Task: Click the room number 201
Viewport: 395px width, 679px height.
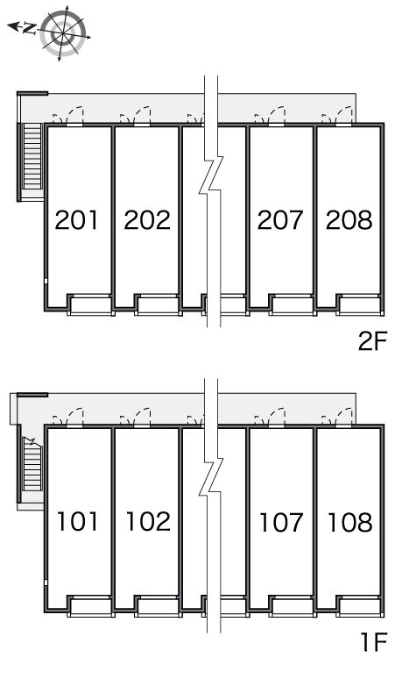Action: click(76, 219)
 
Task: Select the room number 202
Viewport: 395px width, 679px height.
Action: click(147, 219)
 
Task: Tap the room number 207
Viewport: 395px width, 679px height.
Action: click(280, 219)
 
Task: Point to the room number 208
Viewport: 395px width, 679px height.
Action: click(349, 219)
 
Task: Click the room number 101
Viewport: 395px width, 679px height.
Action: click(77, 521)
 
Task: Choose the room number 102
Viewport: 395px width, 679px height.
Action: click(148, 521)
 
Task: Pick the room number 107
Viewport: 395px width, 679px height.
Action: click(281, 521)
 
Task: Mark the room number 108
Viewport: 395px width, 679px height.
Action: click(350, 521)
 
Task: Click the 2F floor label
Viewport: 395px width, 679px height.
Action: click(371, 341)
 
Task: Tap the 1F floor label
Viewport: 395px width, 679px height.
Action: click(373, 642)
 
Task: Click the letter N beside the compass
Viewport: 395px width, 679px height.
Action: click(29, 29)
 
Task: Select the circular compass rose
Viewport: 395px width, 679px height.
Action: click(64, 33)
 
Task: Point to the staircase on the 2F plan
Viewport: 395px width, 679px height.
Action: click(32, 157)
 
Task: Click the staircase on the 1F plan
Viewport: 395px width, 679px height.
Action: click(32, 464)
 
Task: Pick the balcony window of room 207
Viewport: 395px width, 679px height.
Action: click(293, 305)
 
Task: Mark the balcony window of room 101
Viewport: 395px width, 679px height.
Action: click(90, 606)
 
